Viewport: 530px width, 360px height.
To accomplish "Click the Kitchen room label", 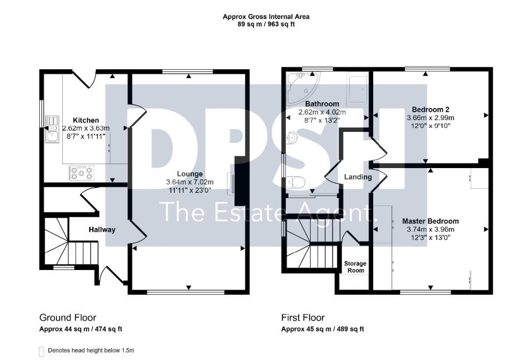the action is (86, 120).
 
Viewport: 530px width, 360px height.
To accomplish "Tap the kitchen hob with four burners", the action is (81, 173).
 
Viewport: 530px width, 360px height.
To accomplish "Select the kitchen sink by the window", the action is (52, 129).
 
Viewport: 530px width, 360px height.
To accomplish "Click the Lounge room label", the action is (190, 174).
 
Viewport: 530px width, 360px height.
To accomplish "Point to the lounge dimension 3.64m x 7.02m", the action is (189, 182).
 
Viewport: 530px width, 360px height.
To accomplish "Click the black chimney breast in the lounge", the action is (240, 181).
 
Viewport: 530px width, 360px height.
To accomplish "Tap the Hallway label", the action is (102, 230).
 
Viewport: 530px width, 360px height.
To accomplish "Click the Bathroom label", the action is (322, 103).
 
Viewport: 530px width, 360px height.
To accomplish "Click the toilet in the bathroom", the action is (296, 183).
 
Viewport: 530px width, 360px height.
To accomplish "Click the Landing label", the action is (358, 177).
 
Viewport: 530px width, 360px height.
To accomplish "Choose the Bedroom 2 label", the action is (430, 110).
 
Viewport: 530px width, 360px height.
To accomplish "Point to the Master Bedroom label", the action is (430, 221).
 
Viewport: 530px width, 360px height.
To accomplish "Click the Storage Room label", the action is (355, 267).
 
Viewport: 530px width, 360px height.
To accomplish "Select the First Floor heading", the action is (303, 318).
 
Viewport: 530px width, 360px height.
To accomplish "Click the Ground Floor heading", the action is (68, 318).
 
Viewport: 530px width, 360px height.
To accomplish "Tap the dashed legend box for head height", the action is (41, 352).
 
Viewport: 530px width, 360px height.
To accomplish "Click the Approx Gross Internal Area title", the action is (266, 17).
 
